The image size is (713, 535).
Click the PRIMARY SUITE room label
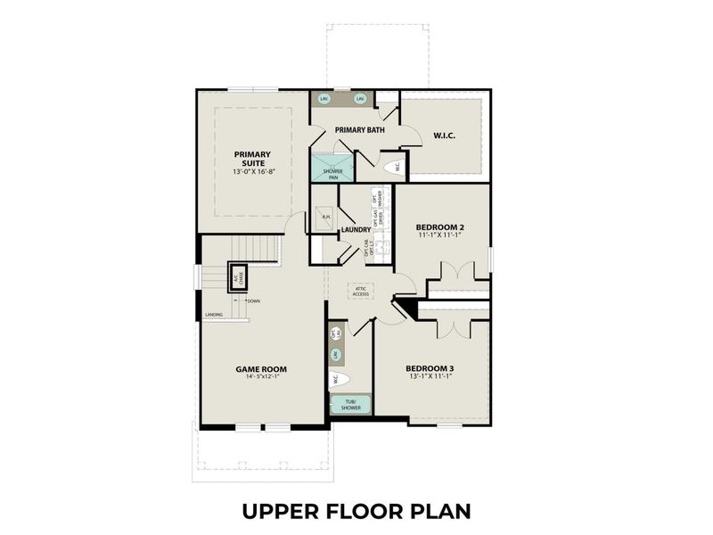pyautogui.click(x=252, y=158)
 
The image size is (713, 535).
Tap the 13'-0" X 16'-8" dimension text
pyautogui.click(x=252, y=171)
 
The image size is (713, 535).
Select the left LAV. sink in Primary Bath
pyautogui.click(x=326, y=98)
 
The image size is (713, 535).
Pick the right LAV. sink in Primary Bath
pyautogui.click(x=361, y=98)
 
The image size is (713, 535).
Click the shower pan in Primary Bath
pyautogui.click(x=332, y=170)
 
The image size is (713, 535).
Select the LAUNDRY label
pyautogui.click(x=356, y=230)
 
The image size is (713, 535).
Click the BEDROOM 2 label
pyautogui.click(x=440, y=228)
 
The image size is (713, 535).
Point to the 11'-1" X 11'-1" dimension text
pyautogui.click(x=440, y=237)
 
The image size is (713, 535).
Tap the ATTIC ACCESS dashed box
pyautogui.click(x=361, y=292)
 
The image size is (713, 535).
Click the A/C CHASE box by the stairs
pyautogui.click(x=238, y=277)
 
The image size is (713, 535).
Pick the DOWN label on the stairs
pyautogui.click(x=253, y=301)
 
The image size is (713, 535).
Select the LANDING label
pyautogui.click(x=214, y=315)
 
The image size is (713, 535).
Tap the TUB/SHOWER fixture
pyautogui.click(x=350, y=406)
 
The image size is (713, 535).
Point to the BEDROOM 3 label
pyautogui.click(x=430, y=368)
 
